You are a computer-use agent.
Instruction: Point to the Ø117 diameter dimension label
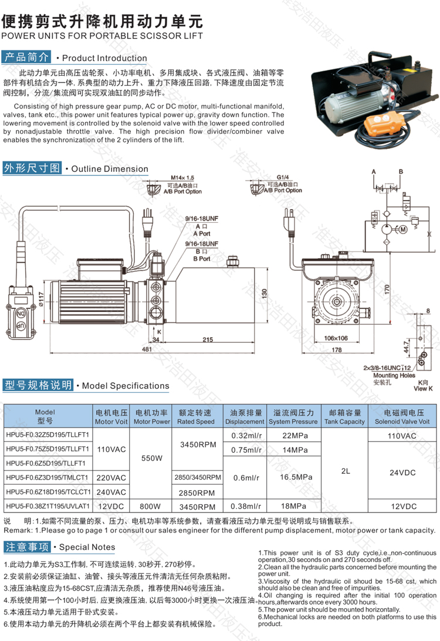tap(42, 300)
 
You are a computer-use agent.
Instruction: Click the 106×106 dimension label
tap(336, 338)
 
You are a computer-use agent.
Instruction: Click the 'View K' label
tap(422, 388)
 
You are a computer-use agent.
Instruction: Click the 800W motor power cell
tap(152, 506)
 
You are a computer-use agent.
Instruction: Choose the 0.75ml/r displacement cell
tap(246, 449)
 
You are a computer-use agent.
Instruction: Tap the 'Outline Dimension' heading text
tap(110, 169)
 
